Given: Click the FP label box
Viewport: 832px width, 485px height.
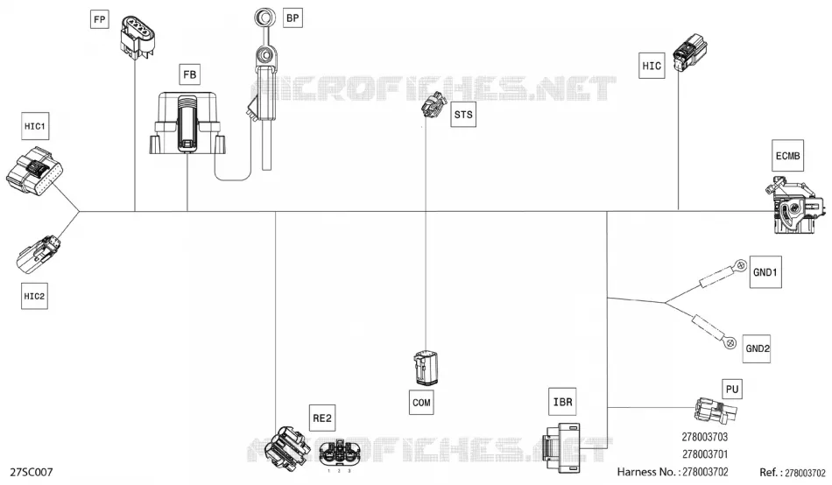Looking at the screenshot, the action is coord(99,19).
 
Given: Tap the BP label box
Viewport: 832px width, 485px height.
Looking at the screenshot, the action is coord(293,18).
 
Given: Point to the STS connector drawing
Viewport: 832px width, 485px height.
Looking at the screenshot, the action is coord(434,105).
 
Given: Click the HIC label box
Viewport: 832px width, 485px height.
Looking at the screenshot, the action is coord(652,66).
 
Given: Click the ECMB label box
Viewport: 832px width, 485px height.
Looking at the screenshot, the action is coord(787,156).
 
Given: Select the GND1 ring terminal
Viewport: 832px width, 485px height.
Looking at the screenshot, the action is coord(741,264).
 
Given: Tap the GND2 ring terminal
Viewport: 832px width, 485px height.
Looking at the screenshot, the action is coord(730,343).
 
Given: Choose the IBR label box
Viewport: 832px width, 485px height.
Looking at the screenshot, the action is coord(562,402).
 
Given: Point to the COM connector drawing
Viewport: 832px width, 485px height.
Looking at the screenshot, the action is coord(426,368).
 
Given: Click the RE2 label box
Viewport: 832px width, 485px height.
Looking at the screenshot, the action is coord(322,418).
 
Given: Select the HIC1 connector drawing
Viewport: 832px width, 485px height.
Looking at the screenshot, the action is coord(35,170).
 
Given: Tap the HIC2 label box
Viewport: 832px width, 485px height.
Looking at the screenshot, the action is coord(34,296).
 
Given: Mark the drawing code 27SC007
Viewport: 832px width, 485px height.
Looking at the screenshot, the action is coord(32,472).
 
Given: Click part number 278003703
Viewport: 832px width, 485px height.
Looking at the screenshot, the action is coord(705,437).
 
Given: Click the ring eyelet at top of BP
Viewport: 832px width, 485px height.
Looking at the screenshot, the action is coord(264,18).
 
